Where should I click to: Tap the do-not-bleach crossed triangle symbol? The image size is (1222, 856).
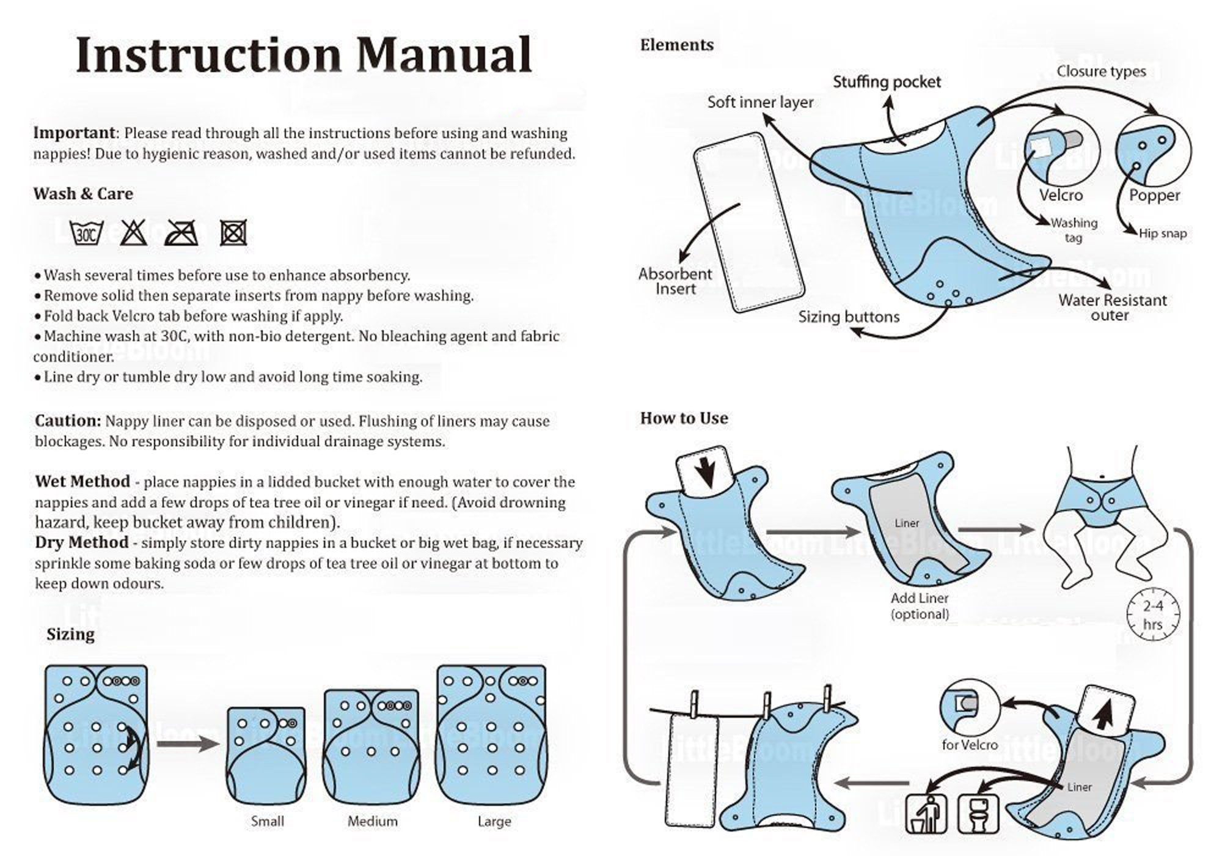tap(133, 233)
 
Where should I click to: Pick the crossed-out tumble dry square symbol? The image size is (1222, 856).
tap(233, 233)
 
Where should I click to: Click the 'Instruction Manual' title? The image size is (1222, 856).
tap(304, 56)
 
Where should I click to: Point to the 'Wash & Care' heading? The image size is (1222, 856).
tap(83, 194)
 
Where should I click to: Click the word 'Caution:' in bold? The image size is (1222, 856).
tap(68, 421)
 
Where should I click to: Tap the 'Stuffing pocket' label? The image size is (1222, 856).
tap(887, 82)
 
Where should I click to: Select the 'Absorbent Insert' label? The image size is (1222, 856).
tap(675, 281)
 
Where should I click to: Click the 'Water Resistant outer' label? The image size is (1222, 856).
tap(1112, 308)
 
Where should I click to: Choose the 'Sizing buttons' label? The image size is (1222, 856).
tap(849, 317)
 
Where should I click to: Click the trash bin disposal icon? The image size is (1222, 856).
tap(924, 814)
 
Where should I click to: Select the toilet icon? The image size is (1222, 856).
tap(978, 814)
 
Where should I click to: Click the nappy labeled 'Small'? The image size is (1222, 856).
tap(266, 755)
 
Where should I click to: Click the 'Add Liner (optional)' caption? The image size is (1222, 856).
tap(920, 606)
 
